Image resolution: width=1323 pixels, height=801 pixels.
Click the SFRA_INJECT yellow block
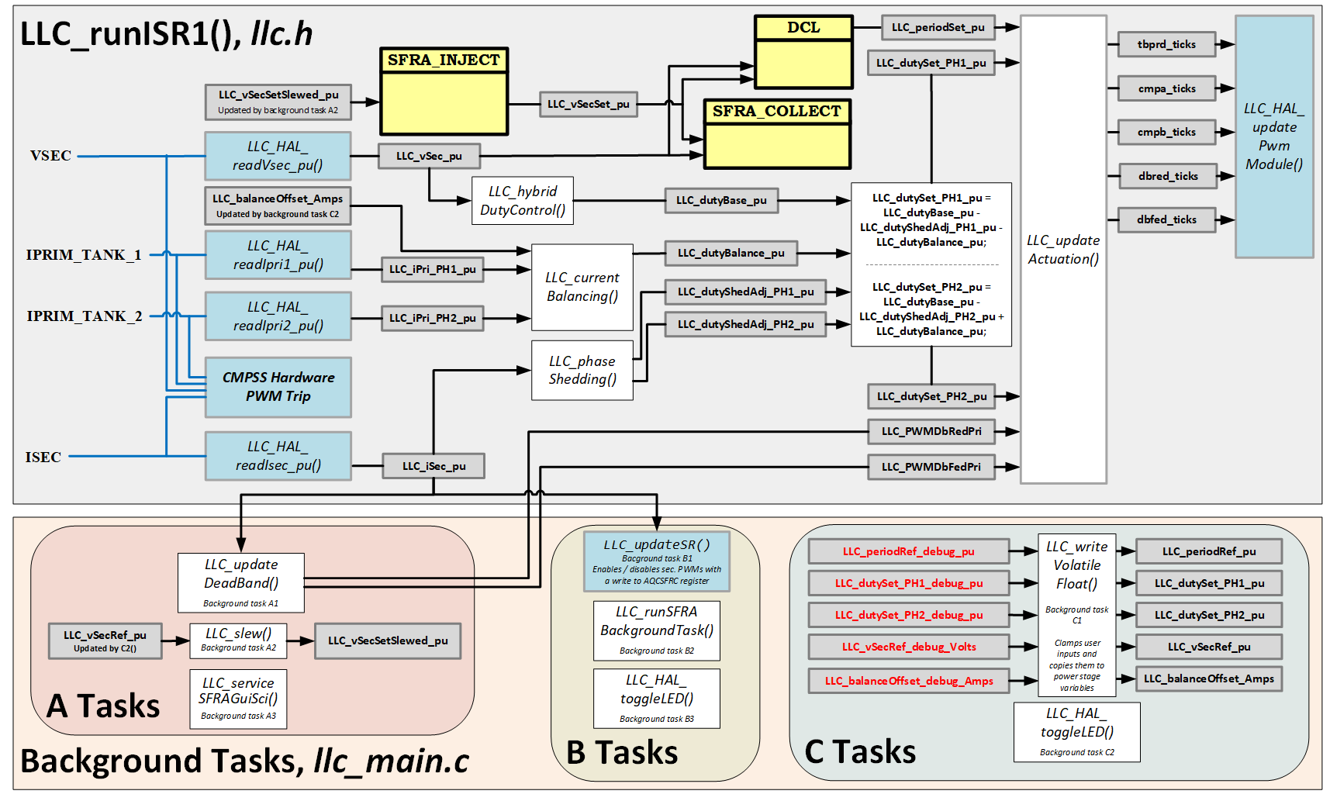point(444,91)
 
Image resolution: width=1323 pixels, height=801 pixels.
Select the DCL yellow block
point(803,52)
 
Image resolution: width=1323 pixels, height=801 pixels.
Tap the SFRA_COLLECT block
point(776,133)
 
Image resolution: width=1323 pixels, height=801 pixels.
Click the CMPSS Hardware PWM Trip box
point(278,387)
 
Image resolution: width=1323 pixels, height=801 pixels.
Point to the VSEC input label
point(50,156)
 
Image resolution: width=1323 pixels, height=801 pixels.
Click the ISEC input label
point(43,457)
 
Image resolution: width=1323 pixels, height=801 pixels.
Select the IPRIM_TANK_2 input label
point(84,316)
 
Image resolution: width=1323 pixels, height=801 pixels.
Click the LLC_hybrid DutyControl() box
point(523,201)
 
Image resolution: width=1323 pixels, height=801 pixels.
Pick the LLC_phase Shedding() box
point(582,371)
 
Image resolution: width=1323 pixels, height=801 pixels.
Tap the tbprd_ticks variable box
point(1166,45)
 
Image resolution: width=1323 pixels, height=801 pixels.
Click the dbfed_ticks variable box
point(1166,220)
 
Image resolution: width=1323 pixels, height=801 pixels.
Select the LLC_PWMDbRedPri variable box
point(931,432)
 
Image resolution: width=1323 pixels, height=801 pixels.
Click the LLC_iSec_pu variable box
point(434,467)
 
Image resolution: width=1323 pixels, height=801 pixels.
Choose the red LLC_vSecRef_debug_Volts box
point(909,647)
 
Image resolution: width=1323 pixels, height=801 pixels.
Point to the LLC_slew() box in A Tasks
point(239,640)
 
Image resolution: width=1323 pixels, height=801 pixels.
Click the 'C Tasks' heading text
point(860,752)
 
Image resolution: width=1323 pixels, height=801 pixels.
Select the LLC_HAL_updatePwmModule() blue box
point(1273,137)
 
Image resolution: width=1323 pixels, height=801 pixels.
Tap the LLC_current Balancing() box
point(582,288)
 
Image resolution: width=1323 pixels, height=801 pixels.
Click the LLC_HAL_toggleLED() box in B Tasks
point(657,698)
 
